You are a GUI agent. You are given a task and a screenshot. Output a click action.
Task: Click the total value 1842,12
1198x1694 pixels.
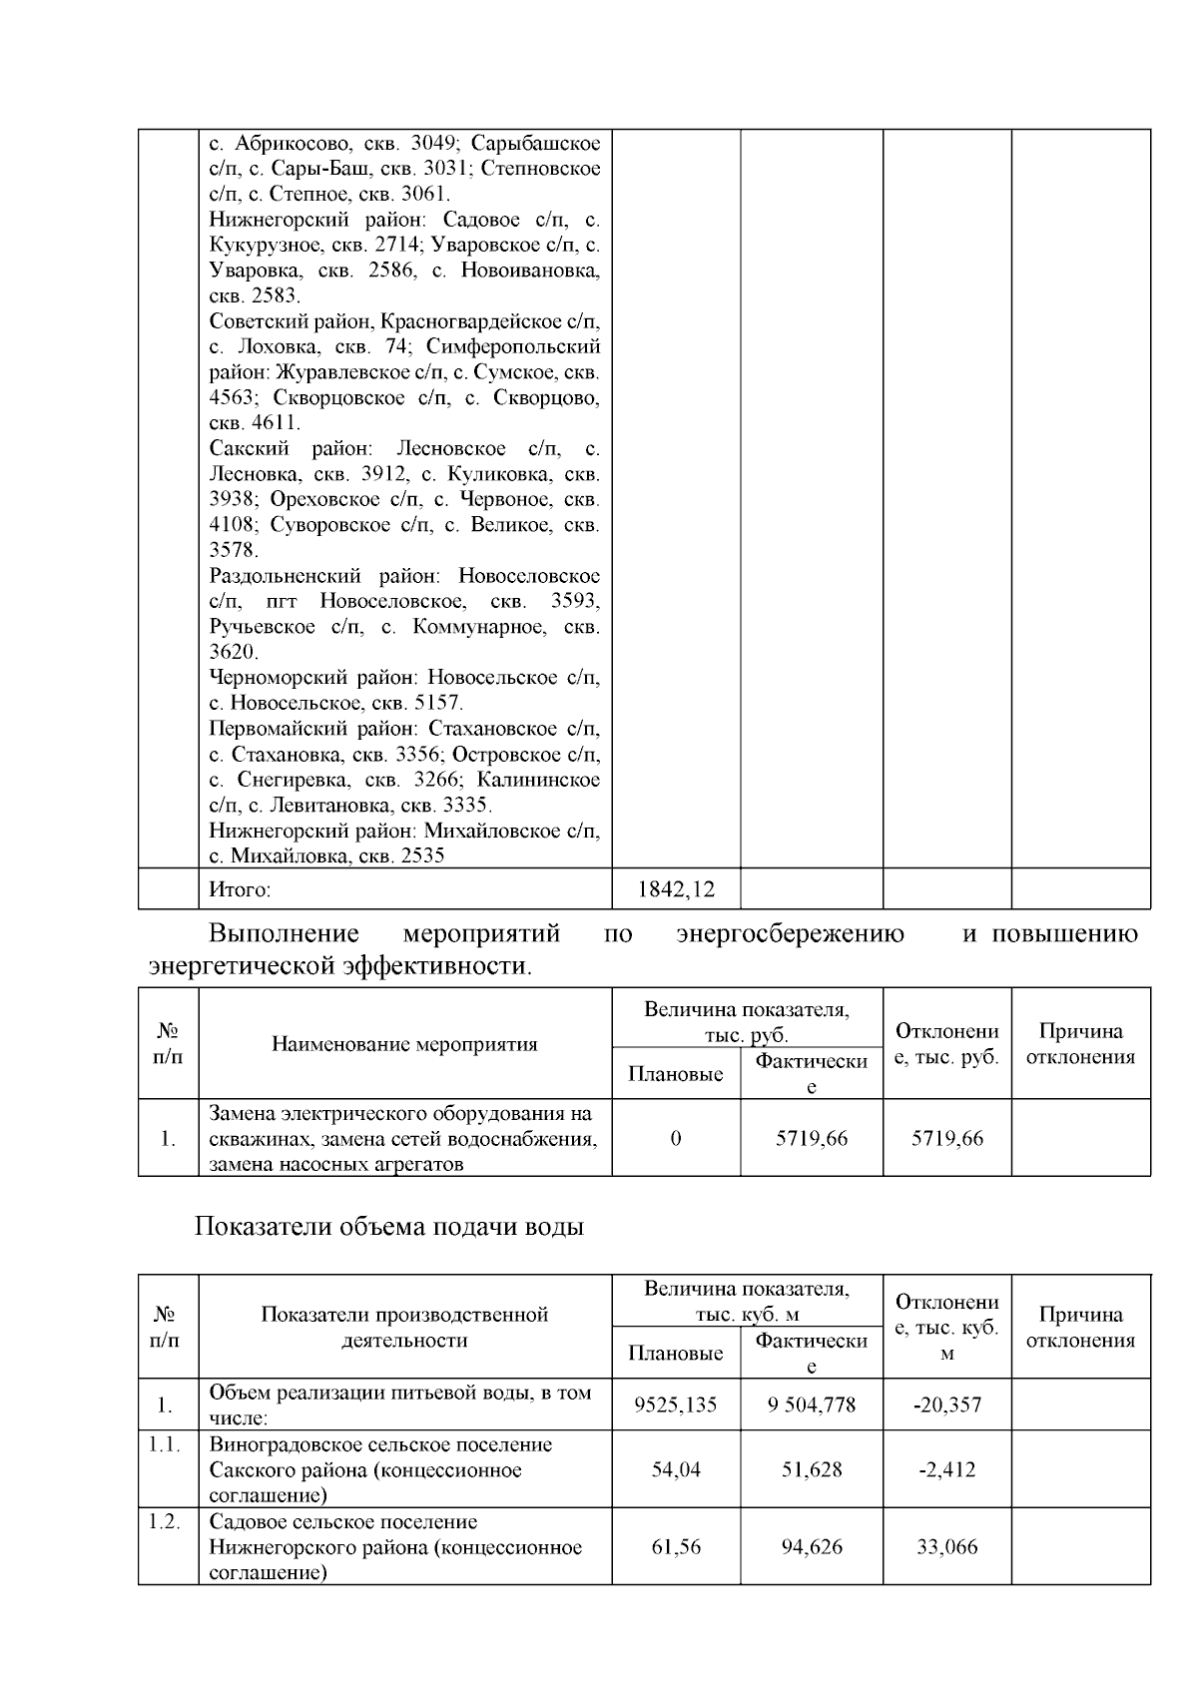(676, 888)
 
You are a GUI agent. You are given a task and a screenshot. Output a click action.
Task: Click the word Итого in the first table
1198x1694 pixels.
(241, 888)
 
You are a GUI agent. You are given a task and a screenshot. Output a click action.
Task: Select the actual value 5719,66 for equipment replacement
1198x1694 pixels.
(812, 1138)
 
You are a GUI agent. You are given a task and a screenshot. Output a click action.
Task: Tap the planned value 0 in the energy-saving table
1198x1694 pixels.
(676, 1138)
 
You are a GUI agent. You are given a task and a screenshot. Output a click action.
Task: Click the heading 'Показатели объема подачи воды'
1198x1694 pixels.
(388, 1227)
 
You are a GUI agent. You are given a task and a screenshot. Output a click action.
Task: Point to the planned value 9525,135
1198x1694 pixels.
(676, 1405)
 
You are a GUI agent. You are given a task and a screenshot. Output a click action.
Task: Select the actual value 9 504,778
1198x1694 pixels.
(812, 1405)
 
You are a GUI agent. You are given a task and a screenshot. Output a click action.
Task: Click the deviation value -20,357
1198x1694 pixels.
(947, 1405)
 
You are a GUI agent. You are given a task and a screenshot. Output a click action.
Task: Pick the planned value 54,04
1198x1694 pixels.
(676, 1469)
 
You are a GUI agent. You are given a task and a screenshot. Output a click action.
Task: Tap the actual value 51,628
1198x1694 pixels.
(812, 1469)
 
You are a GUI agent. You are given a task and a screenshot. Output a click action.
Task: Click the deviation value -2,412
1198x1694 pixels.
(947, 1469)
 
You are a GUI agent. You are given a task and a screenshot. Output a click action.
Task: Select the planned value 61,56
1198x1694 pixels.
(676, 1547)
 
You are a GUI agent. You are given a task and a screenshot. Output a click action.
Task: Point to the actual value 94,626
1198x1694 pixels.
(812, 1547)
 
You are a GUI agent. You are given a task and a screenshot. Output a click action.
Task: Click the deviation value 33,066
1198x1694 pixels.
(947, 1547)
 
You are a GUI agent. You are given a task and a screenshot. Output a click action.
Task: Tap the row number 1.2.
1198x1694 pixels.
(165, 1522)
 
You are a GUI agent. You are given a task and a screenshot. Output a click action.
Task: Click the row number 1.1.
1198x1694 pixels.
(165, 1444)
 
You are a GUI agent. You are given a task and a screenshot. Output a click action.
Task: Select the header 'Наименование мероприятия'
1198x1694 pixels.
(404, 1044)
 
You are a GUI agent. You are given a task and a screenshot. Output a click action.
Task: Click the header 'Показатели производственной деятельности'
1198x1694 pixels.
(404, 1327)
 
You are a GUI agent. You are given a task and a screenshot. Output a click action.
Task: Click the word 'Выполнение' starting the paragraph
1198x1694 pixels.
(284, 934)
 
